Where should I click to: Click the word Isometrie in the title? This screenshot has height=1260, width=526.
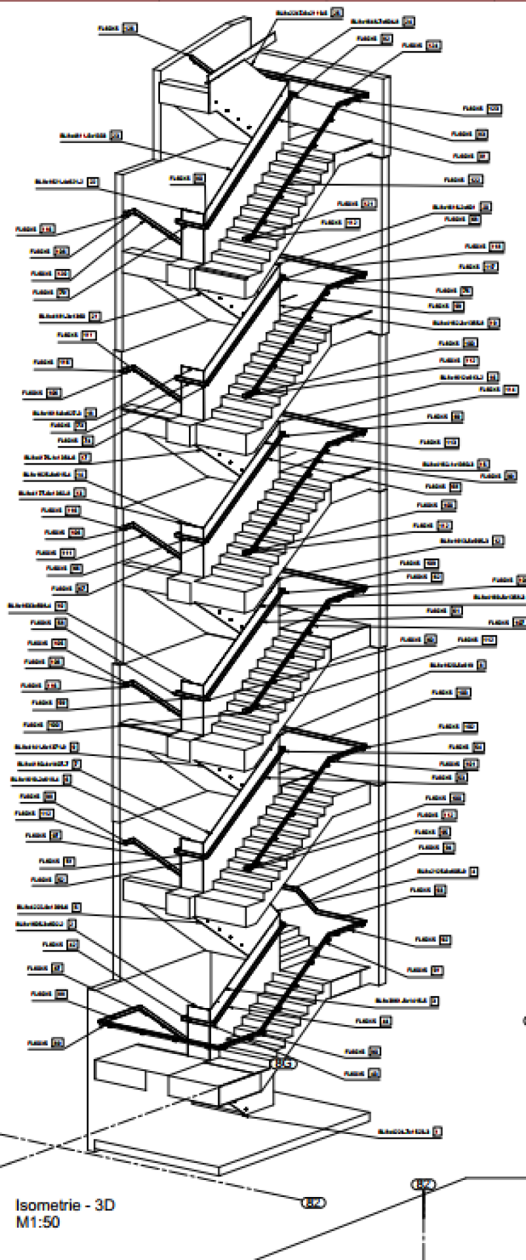[x=40, y=1206]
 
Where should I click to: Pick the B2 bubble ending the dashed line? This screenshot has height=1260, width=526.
[x=313, y=1203]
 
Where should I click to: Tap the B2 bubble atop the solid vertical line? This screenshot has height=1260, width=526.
[x=423, y=1185]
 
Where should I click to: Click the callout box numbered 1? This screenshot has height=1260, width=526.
[x=438, y=1131]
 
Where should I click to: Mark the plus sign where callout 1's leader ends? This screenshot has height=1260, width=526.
[x=246, y=1110]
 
